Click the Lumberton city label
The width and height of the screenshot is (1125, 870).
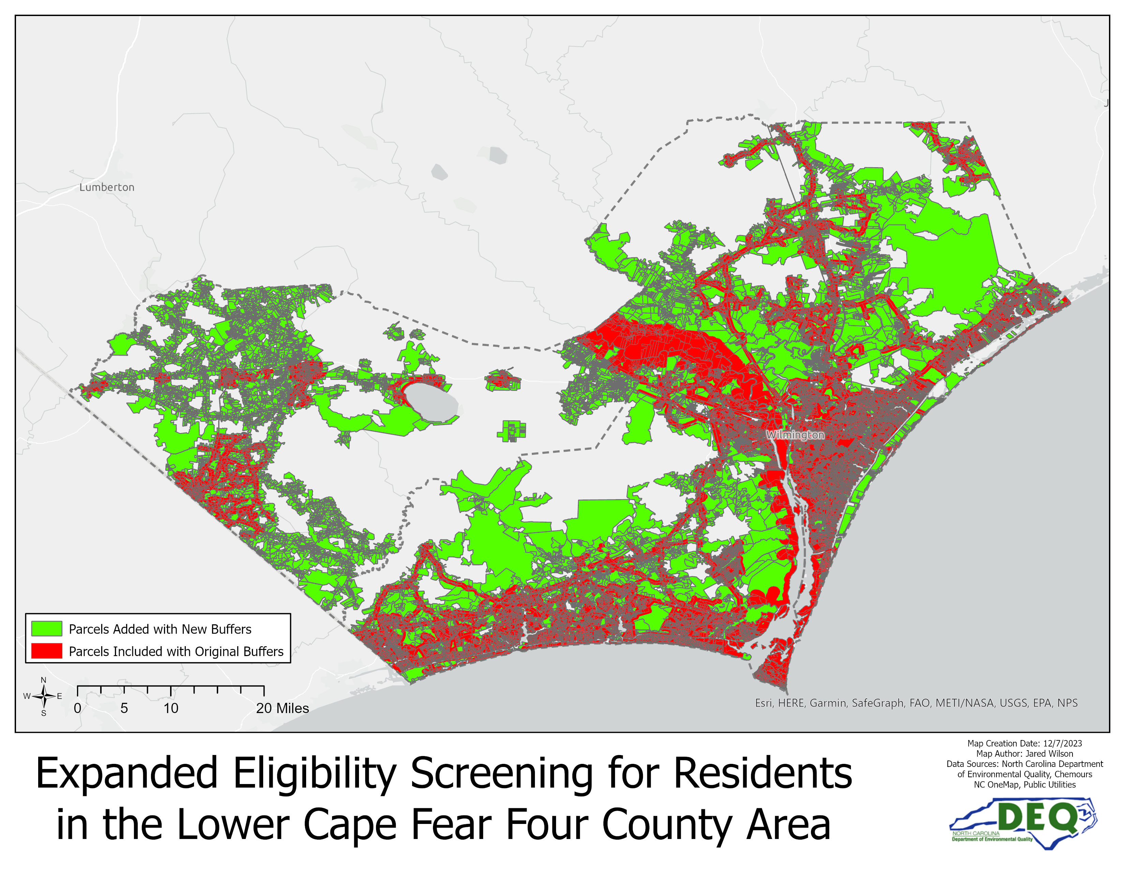[x=107, y=187]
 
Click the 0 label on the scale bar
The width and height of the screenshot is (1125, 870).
[x=77, y=708]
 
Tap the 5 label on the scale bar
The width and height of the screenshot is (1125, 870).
[x=124, y=708]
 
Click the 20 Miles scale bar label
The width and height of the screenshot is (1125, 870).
[x=282, y=708]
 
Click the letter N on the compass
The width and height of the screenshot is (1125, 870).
[x=44, y=680]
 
